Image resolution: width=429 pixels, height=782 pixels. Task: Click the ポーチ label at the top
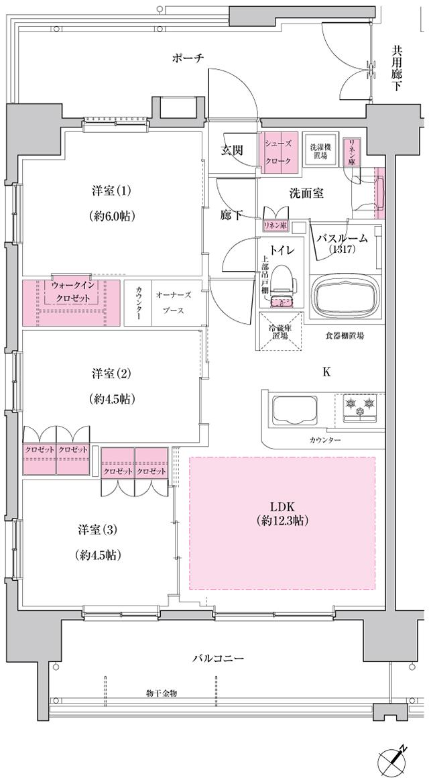(188, 58)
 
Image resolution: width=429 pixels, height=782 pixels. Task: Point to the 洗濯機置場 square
(318, 152)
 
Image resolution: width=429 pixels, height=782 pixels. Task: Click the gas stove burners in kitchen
(360, 406)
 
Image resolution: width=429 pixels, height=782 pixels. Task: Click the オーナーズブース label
(174, 303)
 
